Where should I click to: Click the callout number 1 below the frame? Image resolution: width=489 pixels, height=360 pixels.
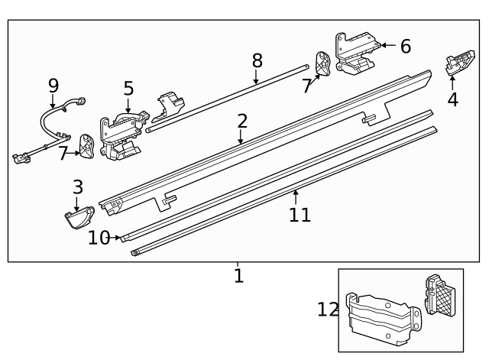[238, 275]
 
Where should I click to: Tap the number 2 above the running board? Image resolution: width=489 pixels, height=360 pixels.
[242, 121]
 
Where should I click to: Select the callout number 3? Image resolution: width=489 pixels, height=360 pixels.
[77, 186]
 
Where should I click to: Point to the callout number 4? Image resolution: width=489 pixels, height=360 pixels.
[453, 99]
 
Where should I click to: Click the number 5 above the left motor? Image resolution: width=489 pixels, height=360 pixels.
[128, 89]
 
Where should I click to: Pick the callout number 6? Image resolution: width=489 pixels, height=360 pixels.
[405, 47]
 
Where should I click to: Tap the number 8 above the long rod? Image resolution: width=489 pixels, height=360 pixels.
[257, 60]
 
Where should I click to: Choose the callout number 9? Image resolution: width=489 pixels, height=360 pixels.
[53, 85]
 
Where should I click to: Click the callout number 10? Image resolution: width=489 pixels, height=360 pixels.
[99, 238]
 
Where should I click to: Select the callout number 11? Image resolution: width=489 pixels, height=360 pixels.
[300, 215]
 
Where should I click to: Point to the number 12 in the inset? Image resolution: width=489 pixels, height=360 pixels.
[328, 310]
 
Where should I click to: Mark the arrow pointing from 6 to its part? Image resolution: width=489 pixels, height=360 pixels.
[387, 46]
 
